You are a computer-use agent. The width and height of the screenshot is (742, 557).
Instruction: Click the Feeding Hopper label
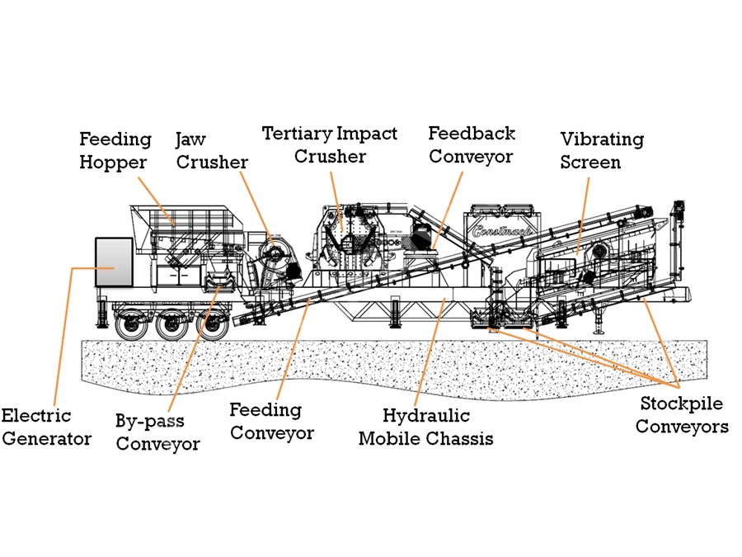click(115, 151)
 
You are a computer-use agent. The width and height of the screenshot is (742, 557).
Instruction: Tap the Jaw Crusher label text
click(212, 151)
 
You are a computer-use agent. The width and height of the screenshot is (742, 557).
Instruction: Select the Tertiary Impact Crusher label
click(330, 144)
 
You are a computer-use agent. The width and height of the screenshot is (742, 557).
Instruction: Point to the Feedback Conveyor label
click(472, 144)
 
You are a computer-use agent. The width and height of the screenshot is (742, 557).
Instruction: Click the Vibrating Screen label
click(602, 151)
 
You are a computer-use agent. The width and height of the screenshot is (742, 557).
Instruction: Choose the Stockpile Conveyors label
click(682, 414)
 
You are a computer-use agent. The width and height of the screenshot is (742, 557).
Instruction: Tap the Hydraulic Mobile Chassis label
click(426, 427)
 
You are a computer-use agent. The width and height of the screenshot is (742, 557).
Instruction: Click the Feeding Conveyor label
click(271, 421)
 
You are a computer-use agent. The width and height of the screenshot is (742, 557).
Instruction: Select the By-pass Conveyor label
click(157, 432)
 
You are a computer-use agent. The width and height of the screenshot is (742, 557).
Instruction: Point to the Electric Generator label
click(46, 427)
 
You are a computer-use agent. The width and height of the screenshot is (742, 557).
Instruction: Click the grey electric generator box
click(114, 262)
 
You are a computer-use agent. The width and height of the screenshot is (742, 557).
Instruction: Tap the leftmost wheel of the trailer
click(131, 324)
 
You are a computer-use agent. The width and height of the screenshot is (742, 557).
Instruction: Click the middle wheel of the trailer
click(172, 324)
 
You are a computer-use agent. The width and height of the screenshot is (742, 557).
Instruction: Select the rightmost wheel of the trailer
click(213, 324)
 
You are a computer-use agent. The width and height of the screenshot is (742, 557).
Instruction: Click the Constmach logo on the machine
click(502, 231)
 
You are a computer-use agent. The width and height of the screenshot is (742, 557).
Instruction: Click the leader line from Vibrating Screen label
click(583, 216)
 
